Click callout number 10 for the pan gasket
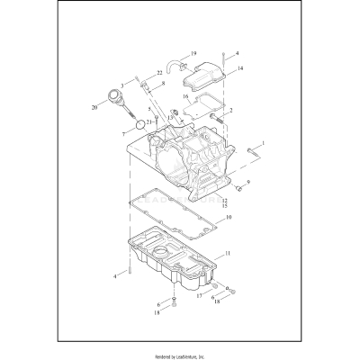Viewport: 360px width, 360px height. tap(229, 218)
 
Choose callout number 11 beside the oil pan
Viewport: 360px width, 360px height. tap(228, 256)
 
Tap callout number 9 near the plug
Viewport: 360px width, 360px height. tap(248, 183)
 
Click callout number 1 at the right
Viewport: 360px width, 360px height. tap(262, 142)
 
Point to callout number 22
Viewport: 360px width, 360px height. tap(159, 73)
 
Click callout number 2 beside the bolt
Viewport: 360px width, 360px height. tap(231, 111)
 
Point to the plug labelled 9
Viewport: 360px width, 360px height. tap(238, 189)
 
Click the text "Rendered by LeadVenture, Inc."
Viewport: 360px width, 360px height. tap(180, 352)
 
